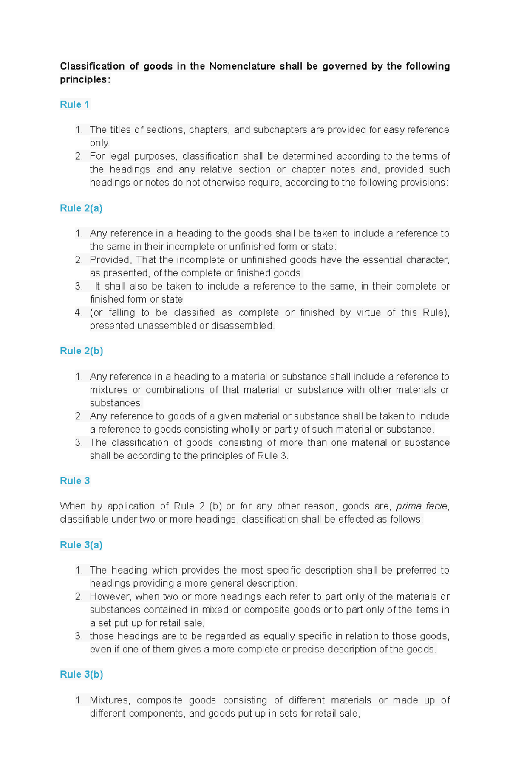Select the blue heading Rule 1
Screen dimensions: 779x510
pyautogui.click(x=74, y=104)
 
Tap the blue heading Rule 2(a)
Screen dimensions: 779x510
pyautogui.click(x=81, y=208)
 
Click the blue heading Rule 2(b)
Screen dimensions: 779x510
pyautogui.click(x=81, y=351)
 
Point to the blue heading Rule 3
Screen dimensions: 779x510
pyautogui.click(x=74, y=481)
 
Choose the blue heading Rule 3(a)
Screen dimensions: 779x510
pyautogui.click(x=81, y=545)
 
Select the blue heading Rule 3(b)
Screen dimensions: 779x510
pyautogui.click(x=81, y=674)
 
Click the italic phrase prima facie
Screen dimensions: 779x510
pyautogui.click(x=421, y=506)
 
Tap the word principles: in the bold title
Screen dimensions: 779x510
pyautogui.click(x=85, y=79)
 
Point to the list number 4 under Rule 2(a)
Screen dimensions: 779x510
pyautogui.click(x=78, y=313)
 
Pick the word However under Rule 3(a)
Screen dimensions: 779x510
pyautogui.click(x=110, y=596)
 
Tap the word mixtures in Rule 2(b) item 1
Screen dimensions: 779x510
pyautogui.click(x=108, y=390)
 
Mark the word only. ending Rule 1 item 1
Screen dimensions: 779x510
pyautogui.click(x=99, y=143)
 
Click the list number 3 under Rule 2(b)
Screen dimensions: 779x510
pyautogui.click(x=78, y=443)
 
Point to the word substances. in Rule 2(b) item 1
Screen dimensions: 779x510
pyautogui.click(x=116, y=403)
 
